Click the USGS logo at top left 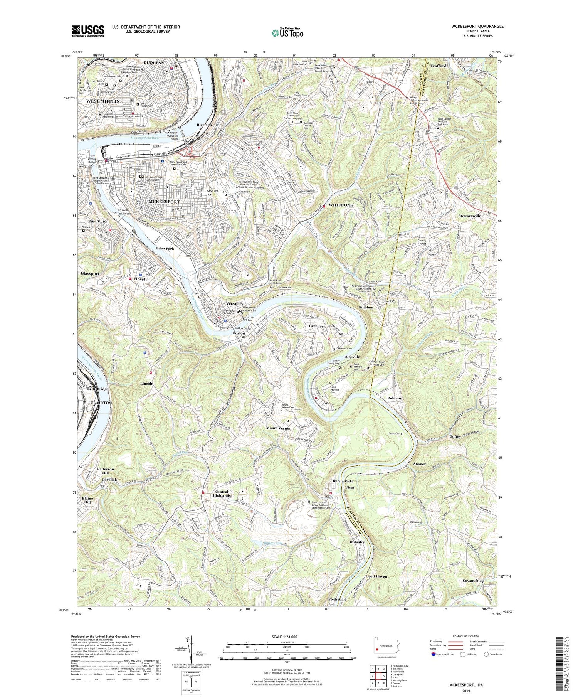pyautogui.click(x=88, y=31)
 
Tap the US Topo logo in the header pyautogui.click(x=287, y=33)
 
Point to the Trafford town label pyautogui.click(x=438, y=66)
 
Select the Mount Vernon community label pyautogui.click(x=279, y=428)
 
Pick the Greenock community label pyautogui.click(x=317, y=326)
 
